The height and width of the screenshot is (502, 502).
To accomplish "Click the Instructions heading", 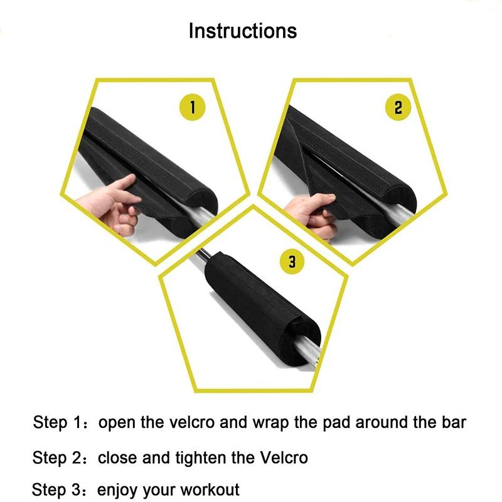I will (x=243, y=31).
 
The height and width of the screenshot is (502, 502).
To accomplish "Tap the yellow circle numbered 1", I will (x=193, y=107).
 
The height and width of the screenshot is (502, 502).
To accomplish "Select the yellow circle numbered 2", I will (x=397, y=107).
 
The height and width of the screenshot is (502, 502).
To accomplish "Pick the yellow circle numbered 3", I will (x=292, y=261).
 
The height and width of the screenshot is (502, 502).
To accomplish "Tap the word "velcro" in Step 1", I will (x=191, y=422).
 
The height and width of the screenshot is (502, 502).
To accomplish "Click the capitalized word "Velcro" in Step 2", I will (x=284, y=457).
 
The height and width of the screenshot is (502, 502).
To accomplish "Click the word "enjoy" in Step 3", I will (x=117, y=489).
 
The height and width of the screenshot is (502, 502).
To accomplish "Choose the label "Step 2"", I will (x=58, y=457).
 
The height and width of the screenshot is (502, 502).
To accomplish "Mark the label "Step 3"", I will (x=58, y=488).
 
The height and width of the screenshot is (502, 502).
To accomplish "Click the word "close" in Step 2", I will (x=117, y=457).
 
